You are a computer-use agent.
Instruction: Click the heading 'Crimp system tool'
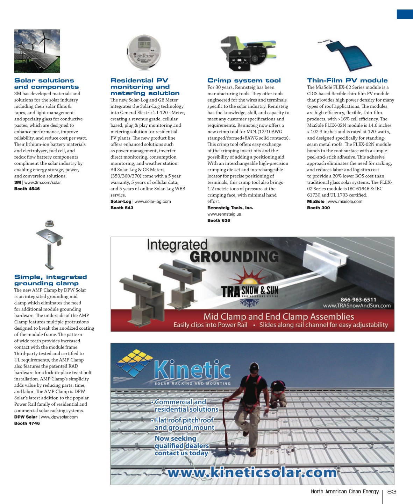click(x=244, y=80)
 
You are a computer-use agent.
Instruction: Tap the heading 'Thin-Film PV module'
click(x=347, y=80)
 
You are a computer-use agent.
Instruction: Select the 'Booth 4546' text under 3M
click(x=27, y=189)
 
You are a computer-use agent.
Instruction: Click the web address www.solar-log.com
click(x=152, y=202)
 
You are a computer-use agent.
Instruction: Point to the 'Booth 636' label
click(x=219, y=220)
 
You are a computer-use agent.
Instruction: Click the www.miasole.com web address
click(x=345, y=202)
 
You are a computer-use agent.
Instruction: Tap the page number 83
click(x=392, y=492)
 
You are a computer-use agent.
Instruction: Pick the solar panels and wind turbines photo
click(x=37, y=51)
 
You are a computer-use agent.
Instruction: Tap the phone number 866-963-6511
click(x=358, y=300)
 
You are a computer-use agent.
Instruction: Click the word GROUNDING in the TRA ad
click(x=234, y=257)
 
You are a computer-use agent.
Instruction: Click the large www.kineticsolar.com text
click(x=252, y=473)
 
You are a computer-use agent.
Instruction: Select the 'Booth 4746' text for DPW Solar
click(x=27, y=423)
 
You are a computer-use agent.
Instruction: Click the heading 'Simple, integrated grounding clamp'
click(x=50, y=280)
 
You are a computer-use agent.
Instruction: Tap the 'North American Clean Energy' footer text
click(x=345, y=492)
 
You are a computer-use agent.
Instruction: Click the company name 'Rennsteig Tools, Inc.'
click(x=230, y=208)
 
